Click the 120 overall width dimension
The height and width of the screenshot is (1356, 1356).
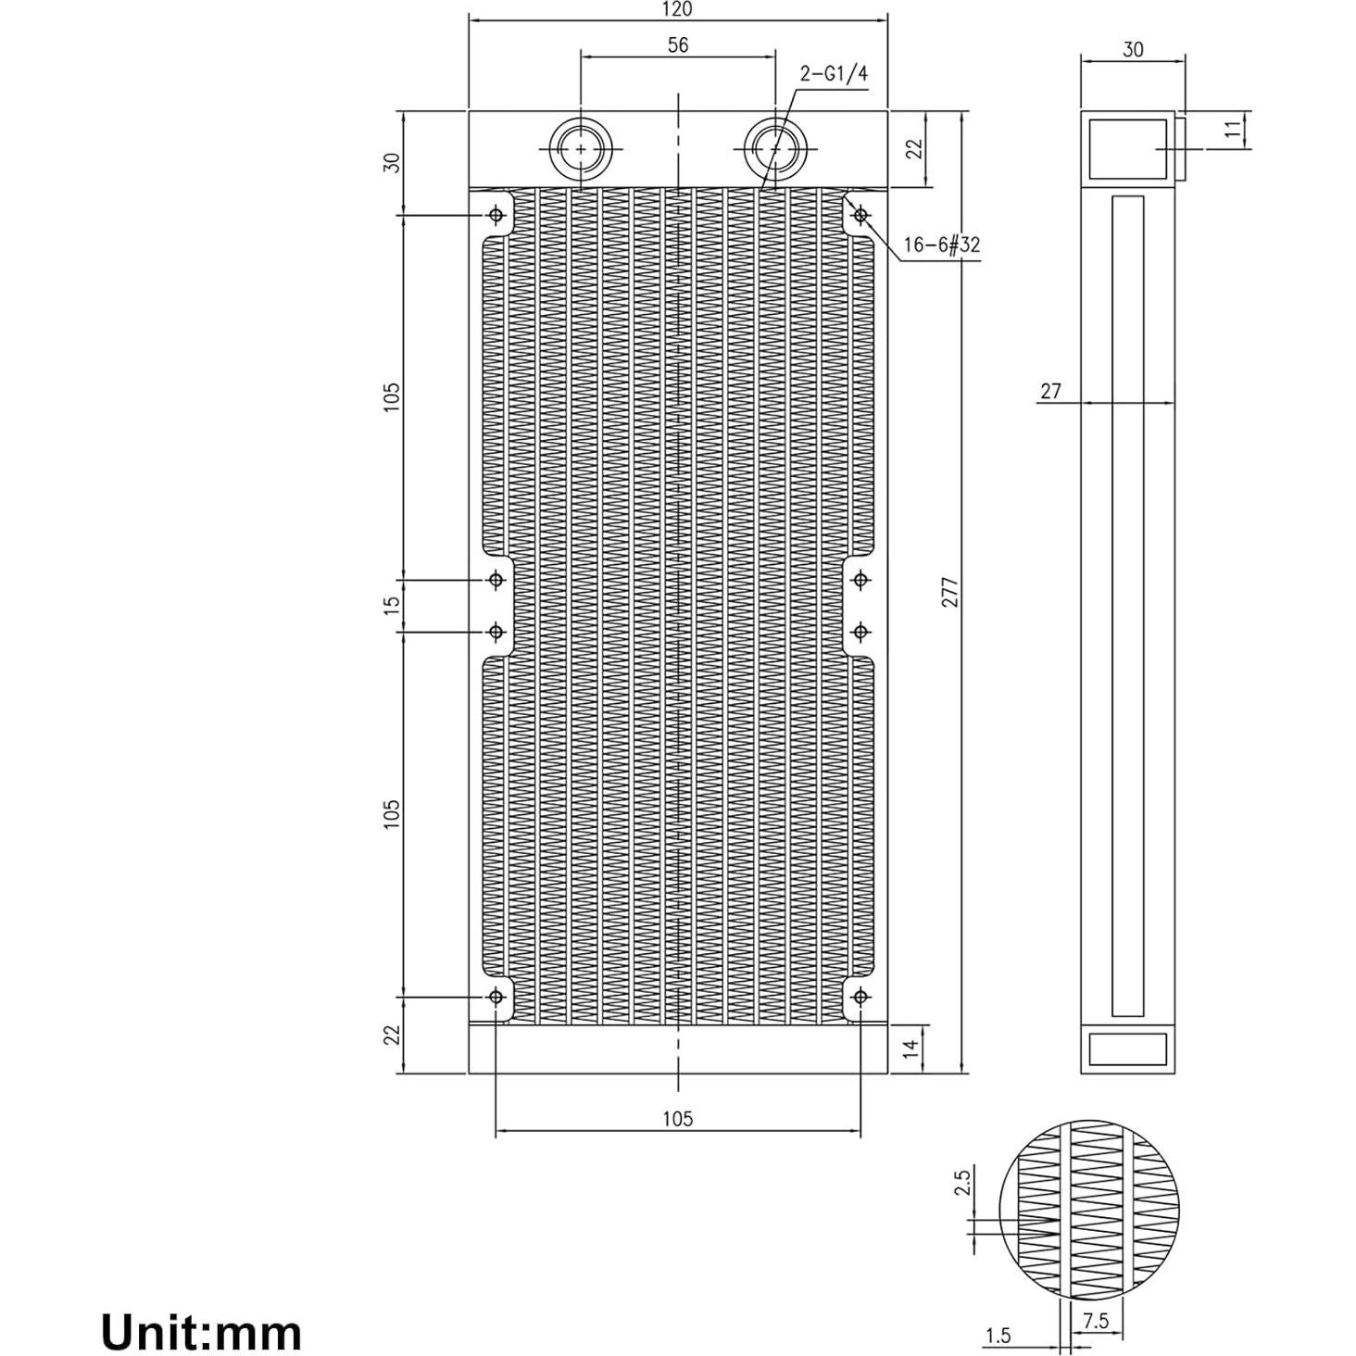tap(678, 9)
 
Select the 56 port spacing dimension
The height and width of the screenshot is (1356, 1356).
tap(678, 44)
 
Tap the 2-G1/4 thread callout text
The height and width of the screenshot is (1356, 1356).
tap(834, 75)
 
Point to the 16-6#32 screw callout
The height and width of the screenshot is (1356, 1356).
tap(941, 245)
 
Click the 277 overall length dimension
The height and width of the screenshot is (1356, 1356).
tap(950, 592)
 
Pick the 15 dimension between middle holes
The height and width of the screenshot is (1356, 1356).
tap(393, 604)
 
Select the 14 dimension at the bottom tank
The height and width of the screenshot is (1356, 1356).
tap(911, 1048)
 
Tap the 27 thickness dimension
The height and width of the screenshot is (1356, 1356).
tap(1049, 391)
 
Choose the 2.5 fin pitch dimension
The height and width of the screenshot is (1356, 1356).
tap(961, 1183)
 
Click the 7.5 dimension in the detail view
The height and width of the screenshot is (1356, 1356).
tap(1095, 1321)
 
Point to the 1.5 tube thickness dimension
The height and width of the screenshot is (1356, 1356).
tap(998, 1335)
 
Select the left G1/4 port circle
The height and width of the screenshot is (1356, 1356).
tap(581, 149)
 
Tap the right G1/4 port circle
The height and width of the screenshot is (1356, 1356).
tap(775, 149)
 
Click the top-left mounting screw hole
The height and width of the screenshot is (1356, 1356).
tap(496, 216)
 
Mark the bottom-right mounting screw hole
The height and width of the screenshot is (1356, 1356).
tap(860, 997)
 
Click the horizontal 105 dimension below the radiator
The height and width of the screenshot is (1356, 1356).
tap(678, 1118)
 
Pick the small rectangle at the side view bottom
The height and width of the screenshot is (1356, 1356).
tap(1127, 1049)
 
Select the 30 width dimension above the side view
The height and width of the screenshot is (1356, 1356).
tap(1133, 50)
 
